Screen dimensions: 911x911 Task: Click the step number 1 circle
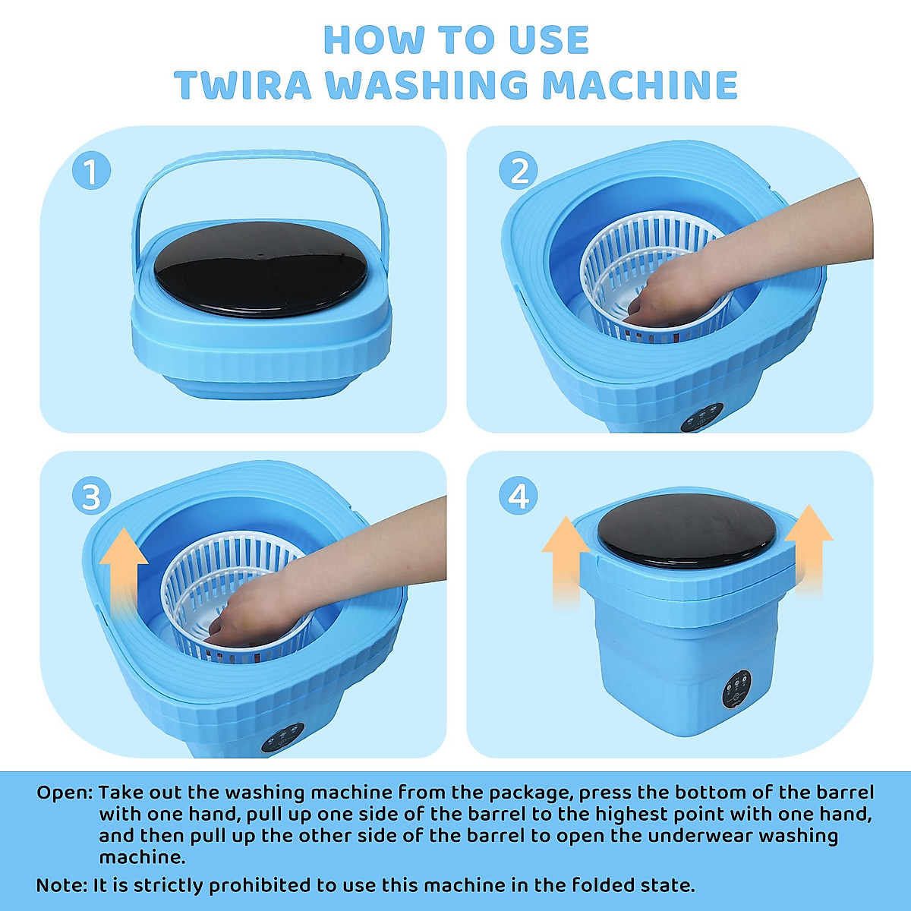click(91, 170)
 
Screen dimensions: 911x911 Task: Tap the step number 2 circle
click(519, 170)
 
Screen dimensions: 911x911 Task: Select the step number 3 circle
click(91, 496)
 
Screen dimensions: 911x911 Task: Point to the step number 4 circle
click(519, 496)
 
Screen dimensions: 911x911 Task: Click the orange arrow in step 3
click(124, 567)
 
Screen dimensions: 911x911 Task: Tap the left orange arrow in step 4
click(566, 563)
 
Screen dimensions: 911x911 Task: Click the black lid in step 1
click(261, 269)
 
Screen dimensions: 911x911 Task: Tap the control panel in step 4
click(737, 689)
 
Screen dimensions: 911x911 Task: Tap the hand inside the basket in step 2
click(662, 298)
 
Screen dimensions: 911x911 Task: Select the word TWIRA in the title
click(243, 84)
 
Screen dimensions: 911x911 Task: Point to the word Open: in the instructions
click(65, 793)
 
